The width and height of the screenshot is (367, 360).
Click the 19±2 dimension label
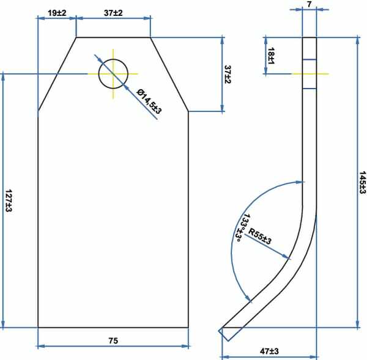click(57, 13)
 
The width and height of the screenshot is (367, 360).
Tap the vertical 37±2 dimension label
click(228, 74)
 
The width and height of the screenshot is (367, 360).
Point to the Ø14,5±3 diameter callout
click(149, 101)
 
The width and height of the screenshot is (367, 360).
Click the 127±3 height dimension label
click(9, 200)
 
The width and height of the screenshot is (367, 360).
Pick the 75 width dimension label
click(113, 340)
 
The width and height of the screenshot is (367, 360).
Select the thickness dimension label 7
click(310, 4)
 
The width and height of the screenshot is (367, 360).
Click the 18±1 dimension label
click(271, 56)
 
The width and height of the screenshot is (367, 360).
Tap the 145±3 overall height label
click(362, 183)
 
